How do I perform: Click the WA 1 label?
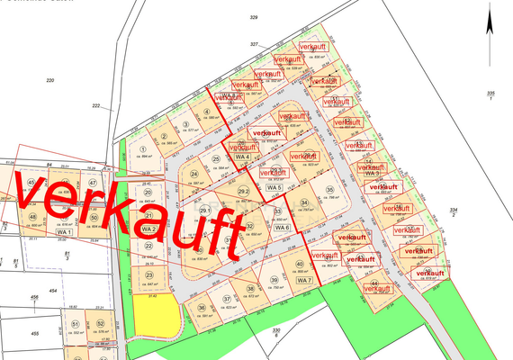click(63, 233)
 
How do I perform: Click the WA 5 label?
click(286, 186)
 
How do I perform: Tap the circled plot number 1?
click(144, 150)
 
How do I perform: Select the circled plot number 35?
click(330, 189)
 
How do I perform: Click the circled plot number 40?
click(299, 265)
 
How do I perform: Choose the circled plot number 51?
click(76, 323)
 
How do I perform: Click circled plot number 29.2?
click(243, 192)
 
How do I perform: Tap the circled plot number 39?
click(274, 280)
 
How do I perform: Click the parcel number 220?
click(50, 80)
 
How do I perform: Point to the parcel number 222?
click(94, 105)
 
